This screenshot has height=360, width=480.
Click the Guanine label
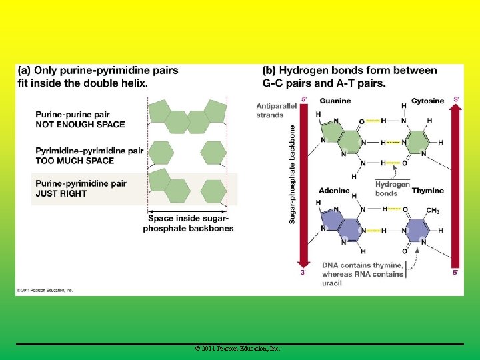[335, 101]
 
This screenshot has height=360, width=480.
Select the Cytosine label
[427, 101]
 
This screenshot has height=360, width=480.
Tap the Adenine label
[334, 191]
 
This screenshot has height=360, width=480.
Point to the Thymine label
[427, 191]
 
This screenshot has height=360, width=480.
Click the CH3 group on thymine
[432, 211]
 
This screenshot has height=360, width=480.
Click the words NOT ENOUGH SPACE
[80, 124]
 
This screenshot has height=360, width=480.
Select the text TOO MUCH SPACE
[75, 161]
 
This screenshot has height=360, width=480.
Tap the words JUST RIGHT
[61, 194]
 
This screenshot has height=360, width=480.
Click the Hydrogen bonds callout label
[392, 189]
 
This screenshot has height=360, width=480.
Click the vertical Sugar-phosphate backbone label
[292, 174]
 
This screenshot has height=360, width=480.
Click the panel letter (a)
[24, 70]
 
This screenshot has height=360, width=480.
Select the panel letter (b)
[269, 70]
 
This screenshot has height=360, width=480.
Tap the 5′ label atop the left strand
[304, 99]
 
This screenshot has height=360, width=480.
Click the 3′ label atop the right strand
[456, 99]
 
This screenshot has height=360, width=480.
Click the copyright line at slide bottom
[238, 349]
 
